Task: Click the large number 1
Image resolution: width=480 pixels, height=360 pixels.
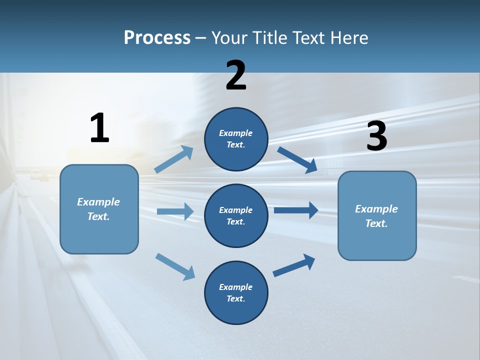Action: pyautogui.click(x=99, y=128)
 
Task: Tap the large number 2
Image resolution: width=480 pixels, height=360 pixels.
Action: pyautogui.click(x=236, y=75)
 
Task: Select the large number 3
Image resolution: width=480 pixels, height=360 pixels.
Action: pyautogui.click(x=376, y=136)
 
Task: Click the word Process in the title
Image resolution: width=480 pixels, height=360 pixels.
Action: pyautogui.click(x=157, y=37)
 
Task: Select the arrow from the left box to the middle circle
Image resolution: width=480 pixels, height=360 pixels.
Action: pyautogui.click(x=175, y=211)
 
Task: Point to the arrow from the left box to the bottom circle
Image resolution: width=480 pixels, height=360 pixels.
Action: pyautogui.click(x=175, y=266)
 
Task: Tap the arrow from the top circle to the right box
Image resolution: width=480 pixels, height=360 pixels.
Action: pyautogui.click(x=297, y=159)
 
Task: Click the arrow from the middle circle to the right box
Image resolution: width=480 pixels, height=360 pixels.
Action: pyautogui.click(x=296, y=210)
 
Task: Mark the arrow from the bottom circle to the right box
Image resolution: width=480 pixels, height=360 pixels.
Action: pyautogui.click(x=294, y=265)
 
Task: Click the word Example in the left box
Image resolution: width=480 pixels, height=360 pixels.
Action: pyautogui.click(x=98, y=202)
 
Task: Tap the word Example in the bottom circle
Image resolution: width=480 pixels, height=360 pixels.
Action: pyautogui.click(x=235, y=287)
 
